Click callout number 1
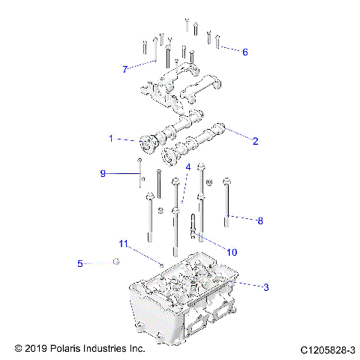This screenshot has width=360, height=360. pos(110,139)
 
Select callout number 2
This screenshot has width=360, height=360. pos(255,140)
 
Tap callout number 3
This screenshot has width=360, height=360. pos(264,286)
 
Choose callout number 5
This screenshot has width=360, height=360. pos(79,263)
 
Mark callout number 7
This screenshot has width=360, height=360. pos(125,69)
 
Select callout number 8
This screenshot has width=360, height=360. pos(260,220)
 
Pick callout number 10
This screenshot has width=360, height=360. pos(232,251)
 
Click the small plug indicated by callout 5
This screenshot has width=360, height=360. pos(116,261)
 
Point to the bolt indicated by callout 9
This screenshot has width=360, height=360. pos(139,174)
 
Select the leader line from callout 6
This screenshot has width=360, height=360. pos(229,48)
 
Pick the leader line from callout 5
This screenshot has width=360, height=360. pos(97,262)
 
